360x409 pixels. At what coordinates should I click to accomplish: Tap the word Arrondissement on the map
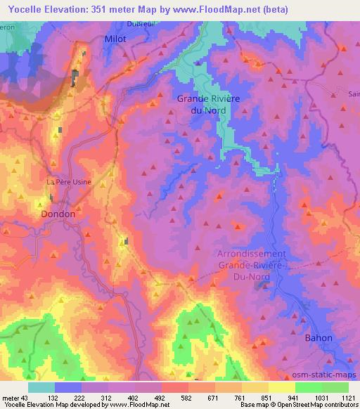point(251,254)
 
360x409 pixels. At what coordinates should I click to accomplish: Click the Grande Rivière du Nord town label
point(208,104)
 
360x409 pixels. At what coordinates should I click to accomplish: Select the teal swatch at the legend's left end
point(41,387)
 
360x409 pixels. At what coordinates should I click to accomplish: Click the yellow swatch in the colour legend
point(282,387)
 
